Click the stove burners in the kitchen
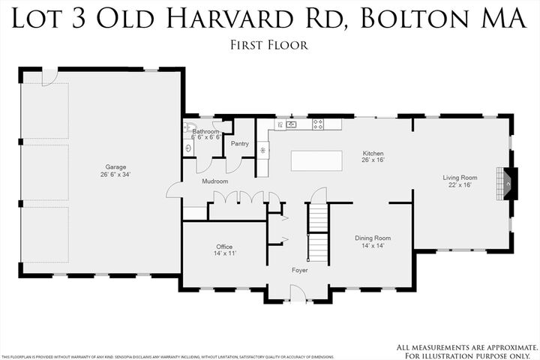tap(318, 124)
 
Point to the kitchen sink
tap(292, 124)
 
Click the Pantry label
tap(240, 143)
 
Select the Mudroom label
tap(214, 181)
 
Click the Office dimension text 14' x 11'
tap(225, 254)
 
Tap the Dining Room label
tap(373, 238)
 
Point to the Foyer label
tap(300, 270)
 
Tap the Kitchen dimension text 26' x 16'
tap(373, 160)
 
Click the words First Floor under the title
tap(269, 45)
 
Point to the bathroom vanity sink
tap(187, 148)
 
